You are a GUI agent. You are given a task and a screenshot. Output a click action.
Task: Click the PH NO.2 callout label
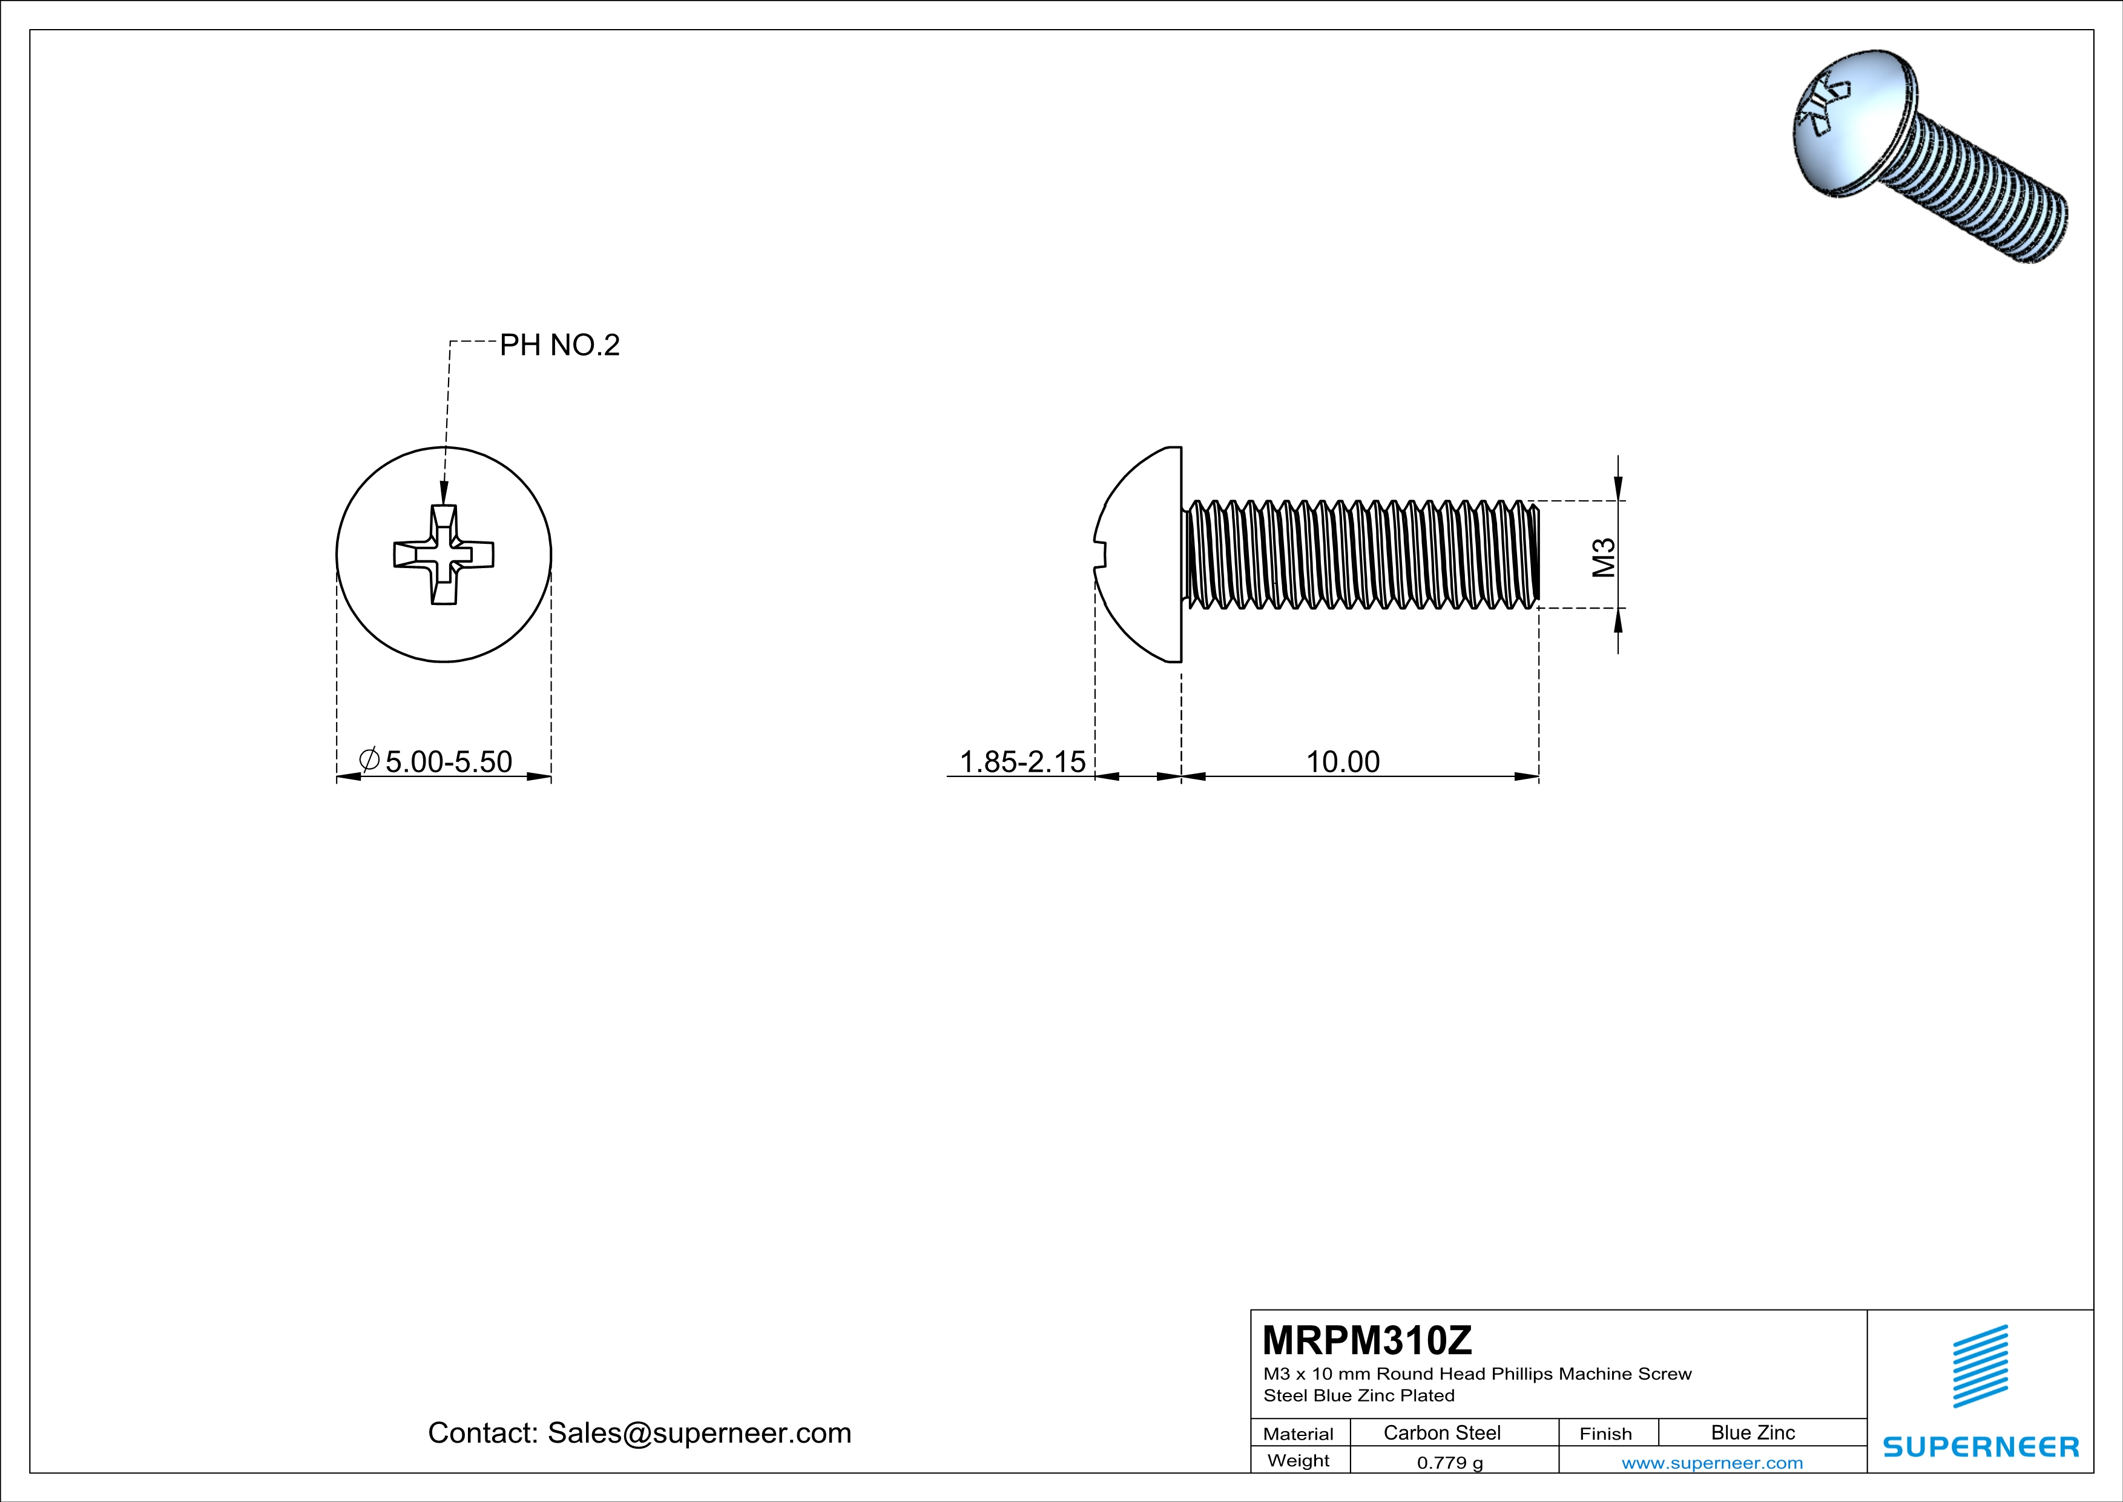559,345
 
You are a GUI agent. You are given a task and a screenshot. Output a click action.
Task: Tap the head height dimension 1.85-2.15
1022,761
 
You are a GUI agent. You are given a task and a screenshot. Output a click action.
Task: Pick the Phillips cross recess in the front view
444,555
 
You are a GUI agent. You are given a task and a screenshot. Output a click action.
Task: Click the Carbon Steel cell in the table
1441,1432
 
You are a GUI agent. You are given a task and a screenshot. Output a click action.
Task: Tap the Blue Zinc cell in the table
1752,1432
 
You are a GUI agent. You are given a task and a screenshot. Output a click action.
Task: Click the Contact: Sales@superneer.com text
639,1432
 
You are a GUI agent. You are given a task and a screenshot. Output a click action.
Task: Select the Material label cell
1298,1434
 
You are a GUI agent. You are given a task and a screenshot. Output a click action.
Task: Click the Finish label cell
1605,1434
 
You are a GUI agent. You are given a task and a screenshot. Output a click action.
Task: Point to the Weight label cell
1298,1460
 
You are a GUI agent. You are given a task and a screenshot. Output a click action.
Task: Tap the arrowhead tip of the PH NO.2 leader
444,502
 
